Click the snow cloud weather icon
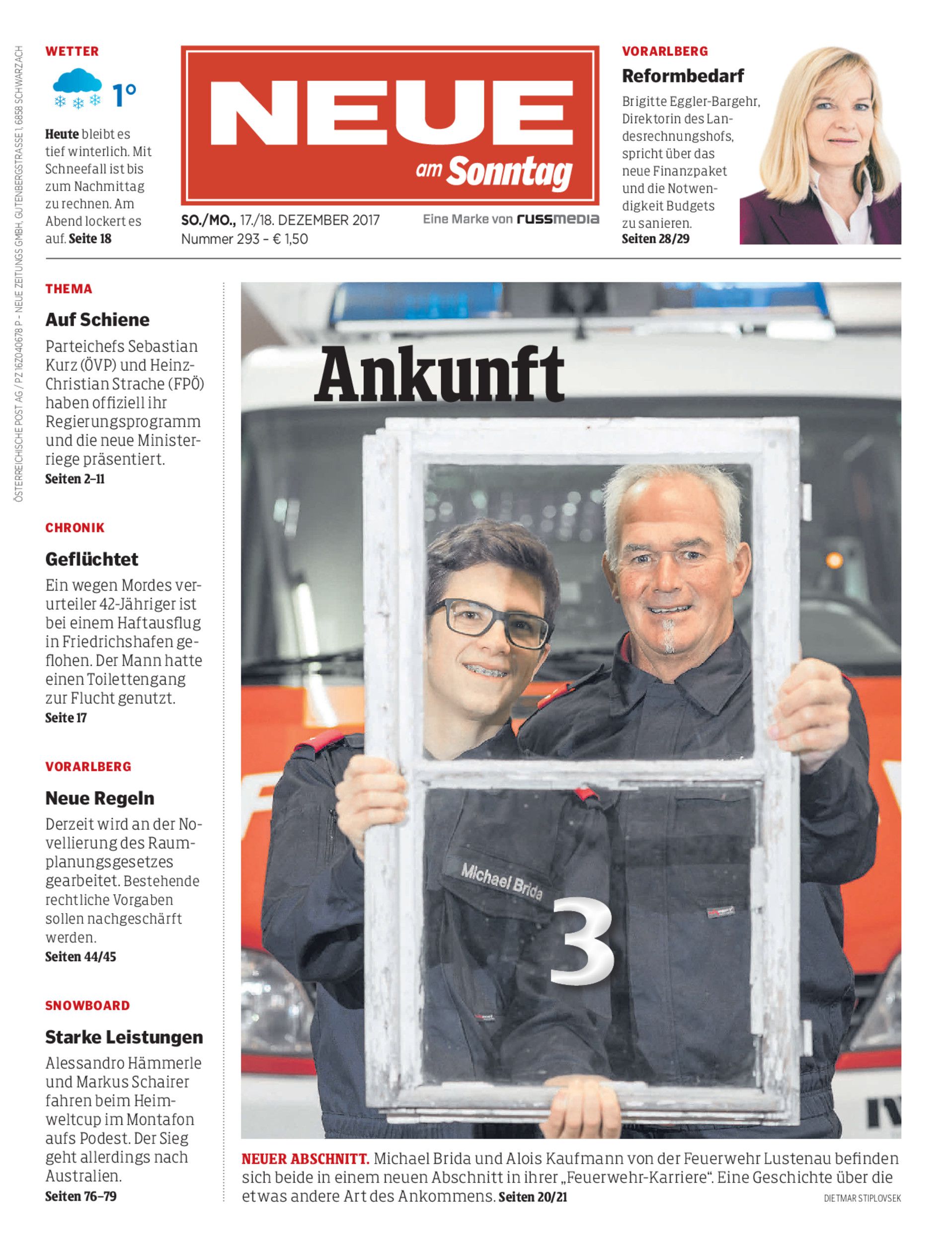pyautogui.click(x=77, y=88)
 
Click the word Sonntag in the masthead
pyautogui.click(x=510, y=172)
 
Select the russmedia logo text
pyautogui.click(x=558, y=219)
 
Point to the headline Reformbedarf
pyautogui.click(x=683, y=76)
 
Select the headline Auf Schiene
pyautogui.click(x=97, y=320)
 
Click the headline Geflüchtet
pyautogui.click(x=92, y=559)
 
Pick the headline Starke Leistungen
pyautogui.click(x=124, y=1037)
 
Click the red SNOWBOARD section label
pyautogui.click(x=87, y=1006)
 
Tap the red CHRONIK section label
pyautogui.click(x=75, y=528)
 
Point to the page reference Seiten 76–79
pyautogui.click(x=81, y=1196)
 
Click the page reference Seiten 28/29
pyautogui.click(x=655, y=239)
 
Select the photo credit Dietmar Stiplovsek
pyautogui.click(x=862, y=1198)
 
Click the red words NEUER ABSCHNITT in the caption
pyautogui.click(x=305, y=1159)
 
